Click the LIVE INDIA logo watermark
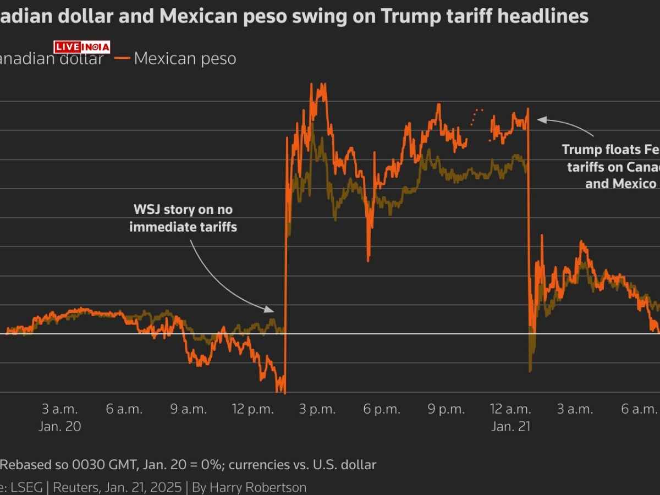[82, 47]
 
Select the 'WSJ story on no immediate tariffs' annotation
[183, 218]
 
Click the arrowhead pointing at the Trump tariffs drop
[540, 119]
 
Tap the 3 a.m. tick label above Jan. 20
[60, 409]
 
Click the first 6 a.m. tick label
[124, 409]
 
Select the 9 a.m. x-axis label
[189, 409]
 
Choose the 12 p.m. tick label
[253, 409]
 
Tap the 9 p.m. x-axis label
[446, 409]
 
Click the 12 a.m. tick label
[510, 409]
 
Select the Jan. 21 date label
[510, 426]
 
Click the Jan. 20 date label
[60, 426]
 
